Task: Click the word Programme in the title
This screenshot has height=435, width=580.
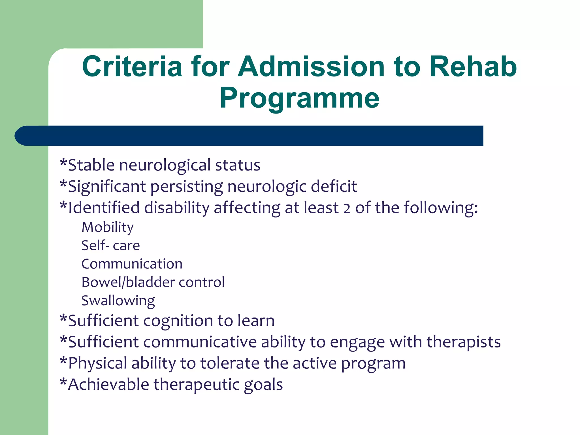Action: [299, 98]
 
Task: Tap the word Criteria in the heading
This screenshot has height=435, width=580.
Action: [132, 67]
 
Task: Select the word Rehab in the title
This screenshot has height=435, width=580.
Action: [473, 67]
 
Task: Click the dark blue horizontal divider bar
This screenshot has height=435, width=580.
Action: [249, 136]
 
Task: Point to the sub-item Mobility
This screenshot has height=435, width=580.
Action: [108, 227]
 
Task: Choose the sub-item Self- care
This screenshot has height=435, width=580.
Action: [111, 246]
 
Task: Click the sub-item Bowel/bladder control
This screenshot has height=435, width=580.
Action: [153, 282]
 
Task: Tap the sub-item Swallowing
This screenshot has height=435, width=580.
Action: [118, 301]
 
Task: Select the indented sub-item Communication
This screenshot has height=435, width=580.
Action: [132, 264]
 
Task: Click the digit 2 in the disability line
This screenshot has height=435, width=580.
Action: [347, 208]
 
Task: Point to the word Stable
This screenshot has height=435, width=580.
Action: [91, 165]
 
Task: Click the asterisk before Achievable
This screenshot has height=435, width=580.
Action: [63, 382]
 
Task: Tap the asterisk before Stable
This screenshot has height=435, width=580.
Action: [63, 163]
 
